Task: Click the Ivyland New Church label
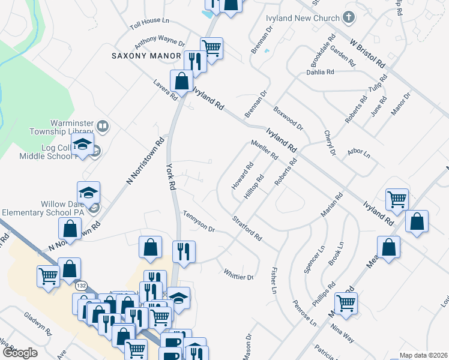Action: pos(303,18)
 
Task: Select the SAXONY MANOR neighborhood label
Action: pos(146,56)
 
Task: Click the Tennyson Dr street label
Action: pos(199,221)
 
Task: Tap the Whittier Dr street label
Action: pos(238,274)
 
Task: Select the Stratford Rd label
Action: pos(247,229)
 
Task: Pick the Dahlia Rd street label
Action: pos(319,72)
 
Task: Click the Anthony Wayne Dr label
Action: pos(159,42)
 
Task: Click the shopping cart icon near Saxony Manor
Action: pos(211,47)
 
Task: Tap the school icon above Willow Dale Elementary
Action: pos(88,192)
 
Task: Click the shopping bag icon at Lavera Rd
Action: pos(181,81)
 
